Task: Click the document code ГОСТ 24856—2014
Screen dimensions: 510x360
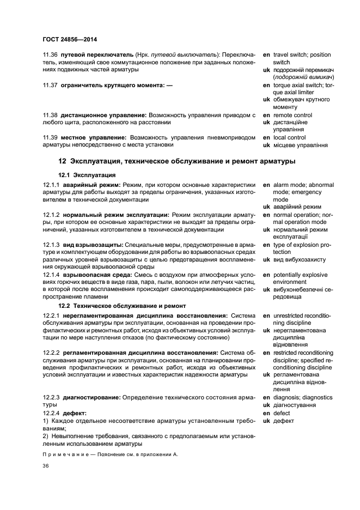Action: coord(70,39)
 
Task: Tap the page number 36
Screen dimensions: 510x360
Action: coord(46,466)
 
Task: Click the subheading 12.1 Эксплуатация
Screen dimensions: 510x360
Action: coord(87,175)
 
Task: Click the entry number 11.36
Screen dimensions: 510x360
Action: coord(50,55)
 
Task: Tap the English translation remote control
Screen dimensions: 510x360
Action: coord(292,116)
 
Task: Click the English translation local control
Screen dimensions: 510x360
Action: coord(289,138)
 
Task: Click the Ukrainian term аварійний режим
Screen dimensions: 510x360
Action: coord(297,207)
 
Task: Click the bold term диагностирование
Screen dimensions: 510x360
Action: coord(88,398)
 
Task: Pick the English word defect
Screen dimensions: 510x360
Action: coord(282,413)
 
